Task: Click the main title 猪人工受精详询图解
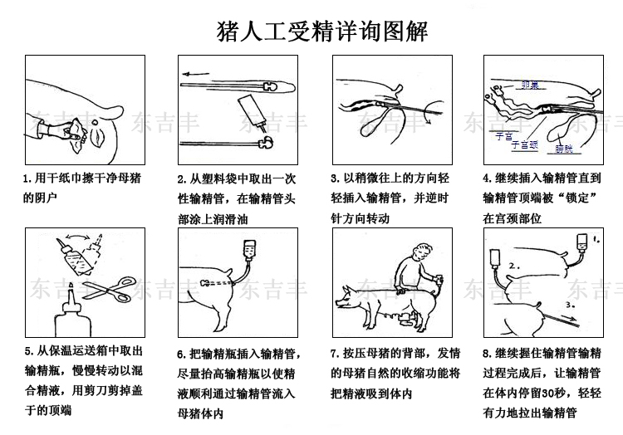pos(321,32)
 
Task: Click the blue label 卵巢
pos(528,85)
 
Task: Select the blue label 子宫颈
pos(522,144)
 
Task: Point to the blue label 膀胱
pos(564,149)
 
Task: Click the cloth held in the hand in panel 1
pos(70,127)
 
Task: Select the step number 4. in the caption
pos(488,178)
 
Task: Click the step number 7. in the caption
pos(335,353)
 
